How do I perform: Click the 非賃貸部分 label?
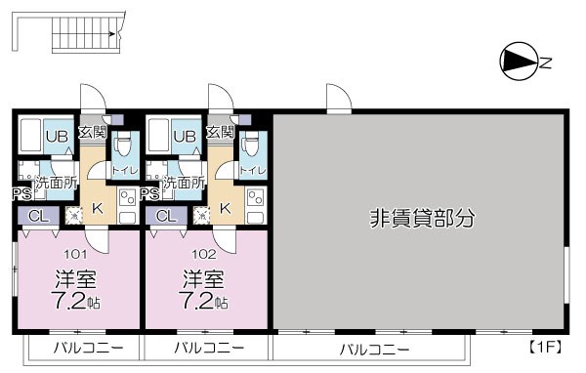click(421, 218)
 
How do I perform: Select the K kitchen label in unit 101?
click(97, 207)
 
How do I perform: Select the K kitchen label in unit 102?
click(225, 207)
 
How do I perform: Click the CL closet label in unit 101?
click(37, 216)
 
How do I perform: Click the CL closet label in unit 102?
click(165, 216)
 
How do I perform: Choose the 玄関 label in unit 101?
click(92, 132)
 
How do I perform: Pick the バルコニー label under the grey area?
click(375, 349)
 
